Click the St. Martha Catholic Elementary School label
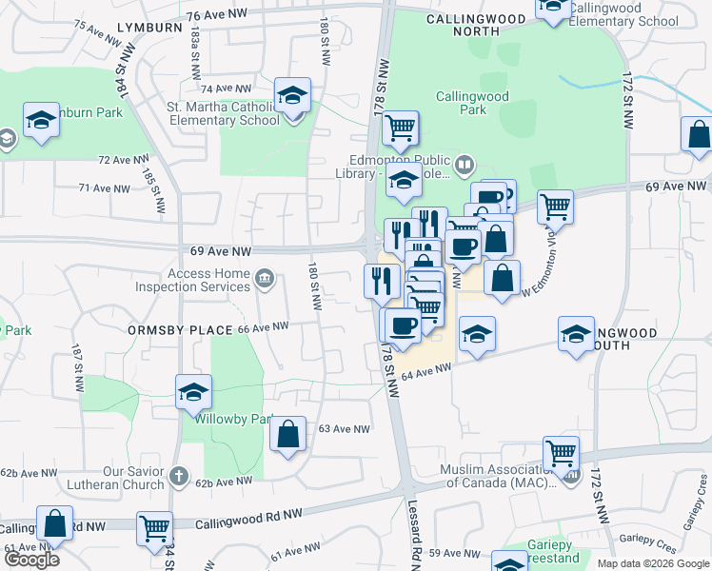coord(224,114)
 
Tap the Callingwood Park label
coord(473,103)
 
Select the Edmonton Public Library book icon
coord(464,165)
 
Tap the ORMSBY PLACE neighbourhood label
coord(180,330)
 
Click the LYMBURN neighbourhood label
coord(150,28)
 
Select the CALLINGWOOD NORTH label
coord(476,25)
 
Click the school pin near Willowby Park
coord(193,393)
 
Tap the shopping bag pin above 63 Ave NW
coord(288,435)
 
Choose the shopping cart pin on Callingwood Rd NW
coord(154,528)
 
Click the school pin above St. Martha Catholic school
coord(292,96)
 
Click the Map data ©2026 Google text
coord(652,563)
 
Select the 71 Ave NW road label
coord(104,188)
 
